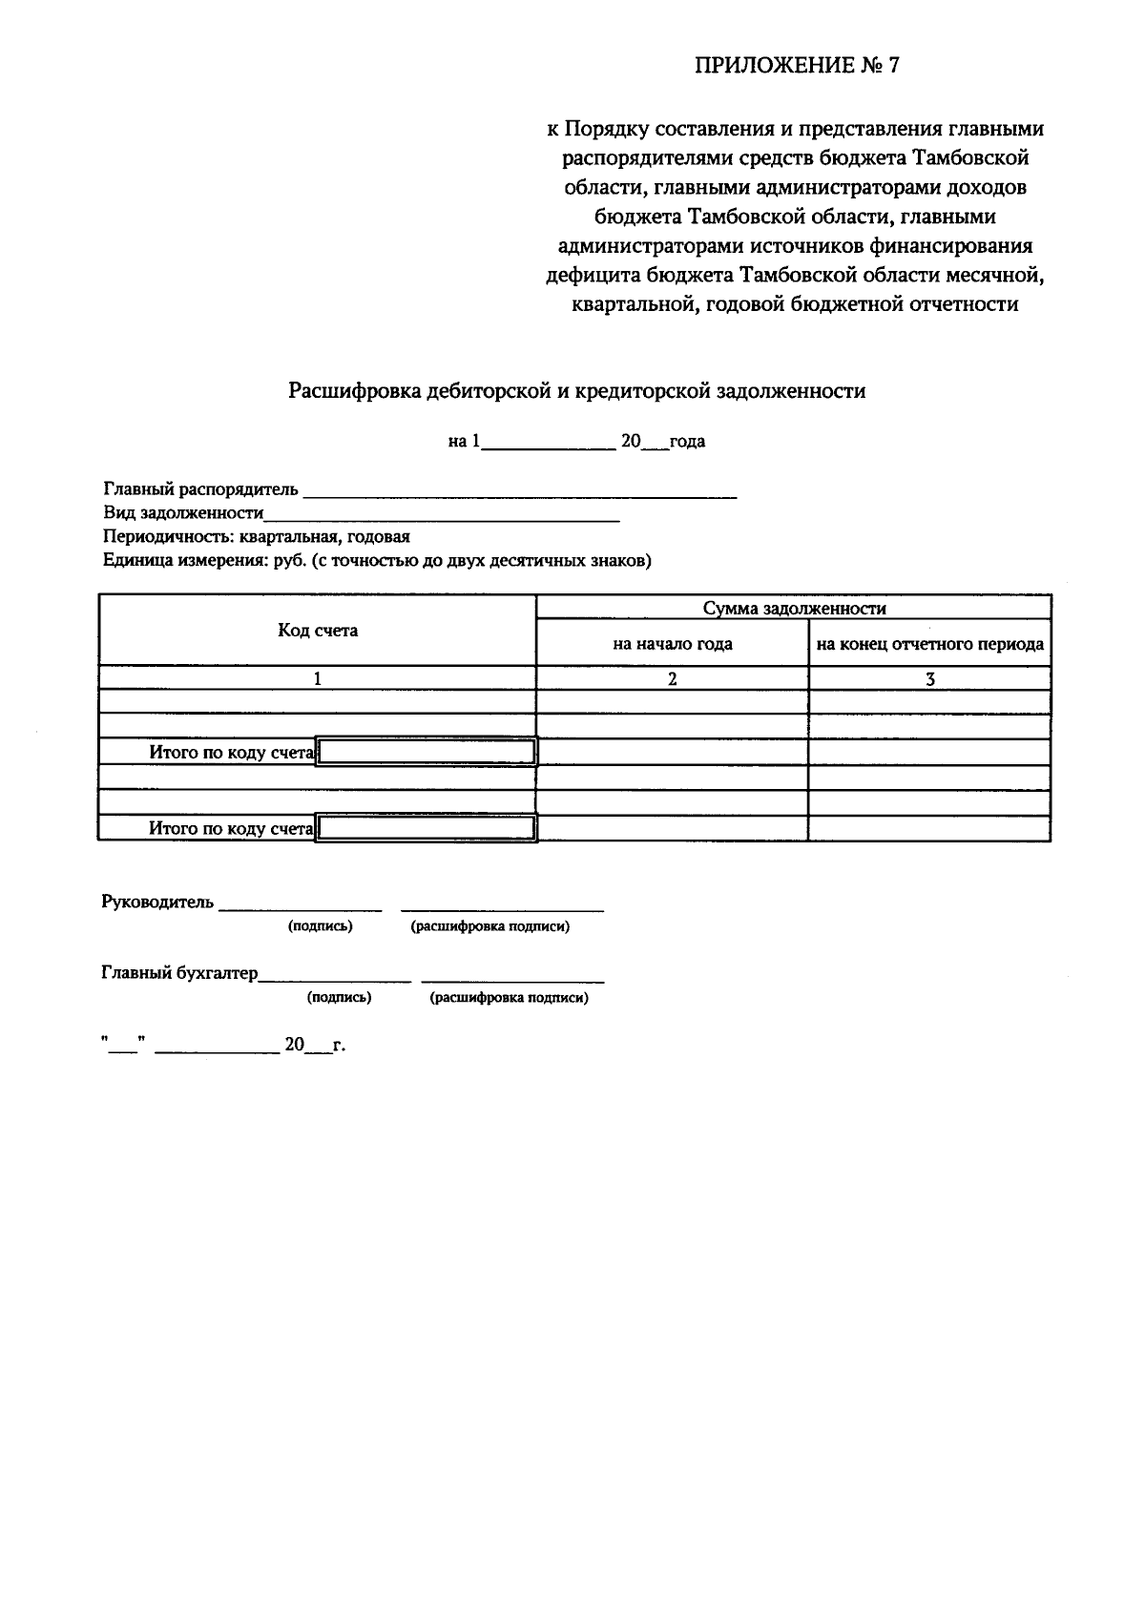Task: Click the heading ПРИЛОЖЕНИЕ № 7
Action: tap(797, 66)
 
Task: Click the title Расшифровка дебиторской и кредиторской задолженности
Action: tap(577, 391)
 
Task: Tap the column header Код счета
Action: tap(318, 631)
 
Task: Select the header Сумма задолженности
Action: tap(794, 609)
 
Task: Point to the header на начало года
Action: tap(672, 644)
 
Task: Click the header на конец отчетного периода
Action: tap(929, 644)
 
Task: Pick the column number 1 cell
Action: tap(318, 679)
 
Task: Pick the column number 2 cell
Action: tap(672, 679)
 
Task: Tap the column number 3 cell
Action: tap(929, 679)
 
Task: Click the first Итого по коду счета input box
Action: tap(427, 753)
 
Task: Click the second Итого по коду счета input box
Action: tap(427, 828)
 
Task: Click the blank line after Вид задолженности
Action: tap(441, 515)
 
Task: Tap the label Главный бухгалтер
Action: tap(179, 974)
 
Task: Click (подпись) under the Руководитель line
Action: tap(320, 926)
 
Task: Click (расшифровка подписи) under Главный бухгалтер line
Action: tap(509, 998)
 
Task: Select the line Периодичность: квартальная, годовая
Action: tap(257, 537)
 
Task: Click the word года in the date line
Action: tap(687, 442)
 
